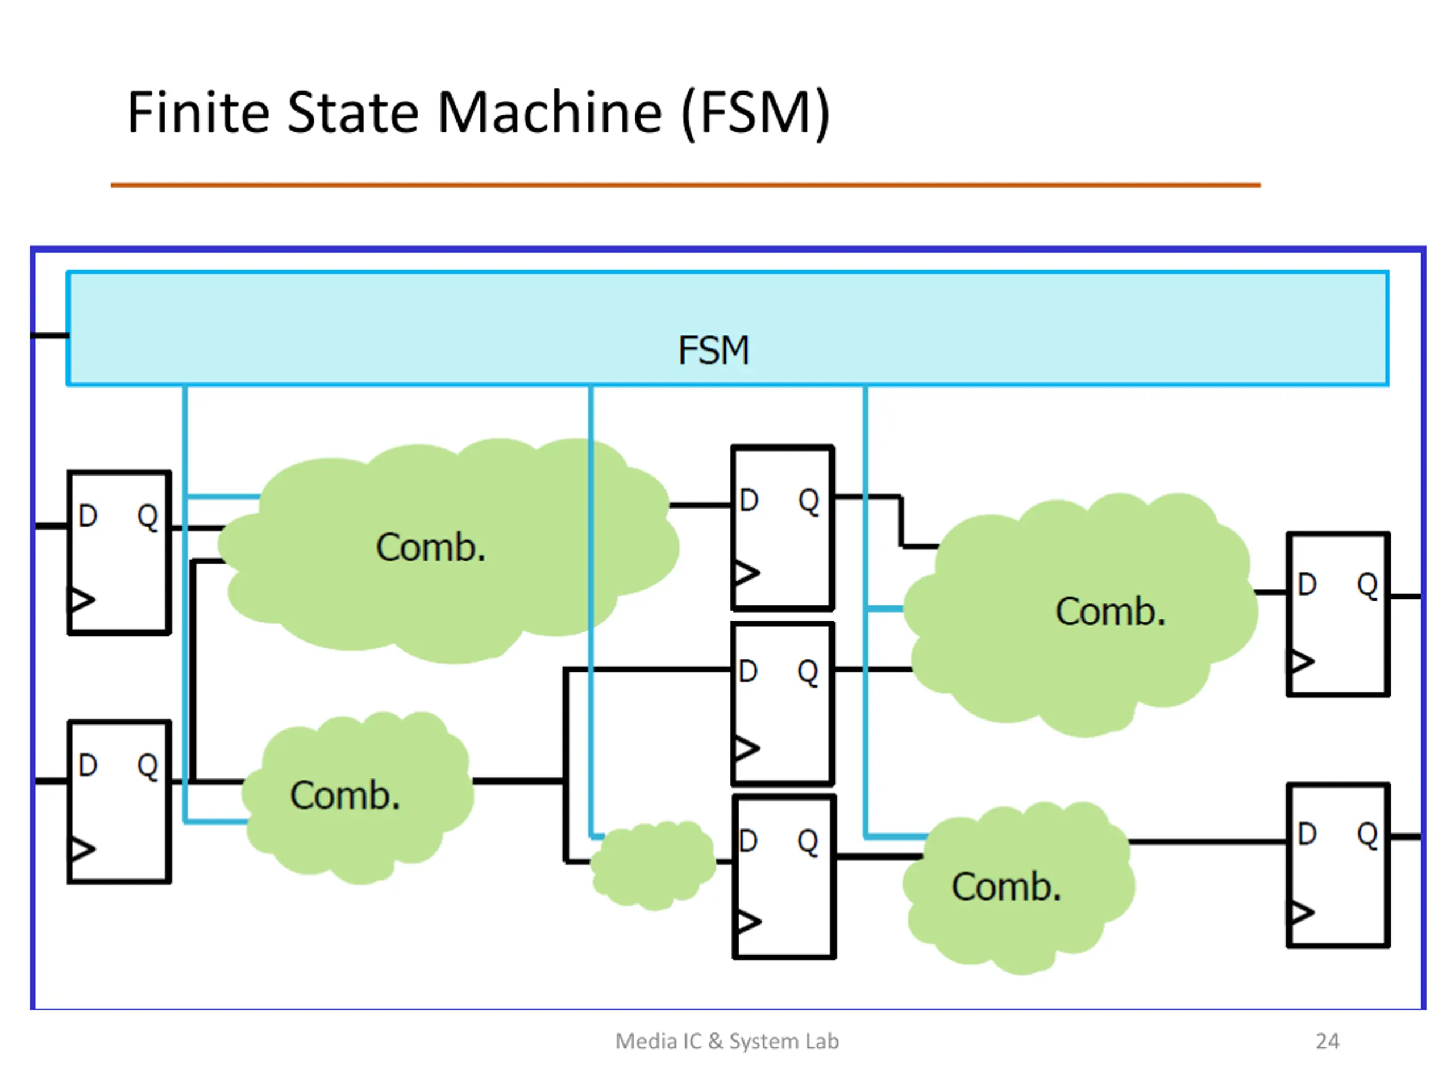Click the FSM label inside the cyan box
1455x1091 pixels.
(714, 350)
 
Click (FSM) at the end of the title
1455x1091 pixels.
(756, 114)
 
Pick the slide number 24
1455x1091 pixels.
(1327, 1041)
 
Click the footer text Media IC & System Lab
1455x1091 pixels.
(727, 1041)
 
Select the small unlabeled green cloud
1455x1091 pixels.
(652, 864)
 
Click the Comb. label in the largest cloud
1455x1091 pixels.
(431, 547)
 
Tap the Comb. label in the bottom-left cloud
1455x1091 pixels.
(346, 795)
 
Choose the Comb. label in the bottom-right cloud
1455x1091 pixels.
(1007, 886)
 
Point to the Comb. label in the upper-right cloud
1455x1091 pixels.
(1111, 611)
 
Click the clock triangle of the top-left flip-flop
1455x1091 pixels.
(82, 599)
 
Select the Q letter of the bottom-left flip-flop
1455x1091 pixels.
(147, 765)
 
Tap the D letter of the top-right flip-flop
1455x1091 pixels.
(1307, 584)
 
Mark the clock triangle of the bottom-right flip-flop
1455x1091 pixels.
(1301, 912)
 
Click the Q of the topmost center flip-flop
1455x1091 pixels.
(808, 501)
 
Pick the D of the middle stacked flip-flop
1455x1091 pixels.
(748, 672)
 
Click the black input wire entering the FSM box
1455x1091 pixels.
(50, 335)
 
